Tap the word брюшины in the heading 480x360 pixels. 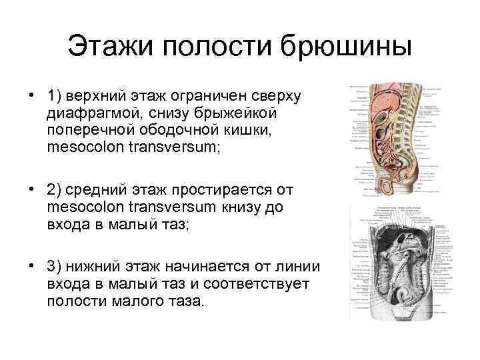point(346,47)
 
